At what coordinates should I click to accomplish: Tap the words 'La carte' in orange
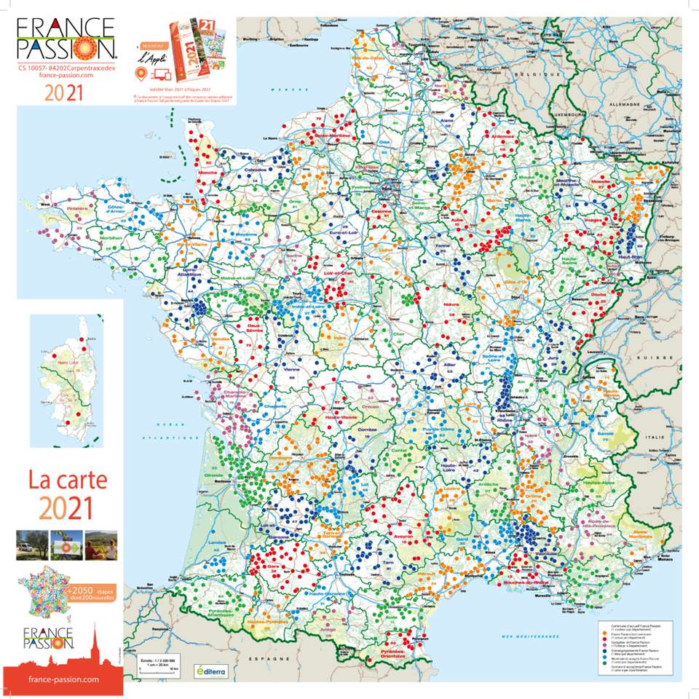(x=67, y=480)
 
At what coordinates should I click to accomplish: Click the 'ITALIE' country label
(x=660, y=436)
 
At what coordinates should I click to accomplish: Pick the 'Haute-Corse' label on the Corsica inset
(x=72, y=363)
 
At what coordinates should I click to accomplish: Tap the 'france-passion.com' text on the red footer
(x=62, y=679)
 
